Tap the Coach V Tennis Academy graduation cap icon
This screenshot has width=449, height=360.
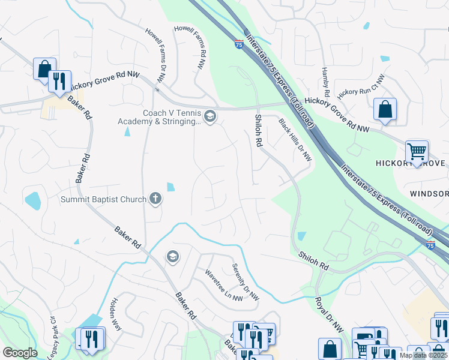click(209, 116)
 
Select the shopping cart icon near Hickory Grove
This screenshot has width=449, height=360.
click(417, 151)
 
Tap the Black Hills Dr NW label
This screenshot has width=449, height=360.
click(295, 140)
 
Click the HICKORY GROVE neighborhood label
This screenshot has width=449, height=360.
click(411, 164)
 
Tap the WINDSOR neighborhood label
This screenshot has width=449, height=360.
click(429, 194)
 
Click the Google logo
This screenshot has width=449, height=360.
click(20, 353)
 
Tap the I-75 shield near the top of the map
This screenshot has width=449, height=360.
click(239, 44)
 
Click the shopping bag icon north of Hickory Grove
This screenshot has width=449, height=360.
click(385, 110)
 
